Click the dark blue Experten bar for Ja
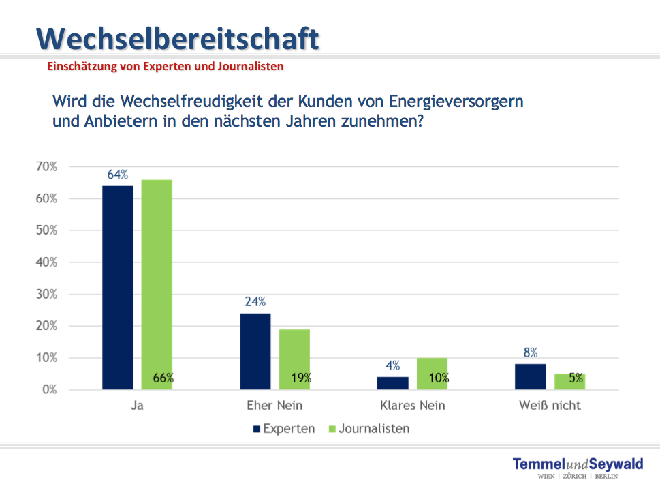pos(118,287)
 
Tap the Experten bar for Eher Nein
pos(255,351)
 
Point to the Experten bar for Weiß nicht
pos(531,376)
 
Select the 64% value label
pos(118,175)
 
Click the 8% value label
pos(531,352)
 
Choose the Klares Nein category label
pos(412,406)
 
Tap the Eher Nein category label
pos(274,406)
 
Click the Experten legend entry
pos(283,429)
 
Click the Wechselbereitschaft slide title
pos(178,38)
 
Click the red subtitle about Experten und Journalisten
pos(165,67)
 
